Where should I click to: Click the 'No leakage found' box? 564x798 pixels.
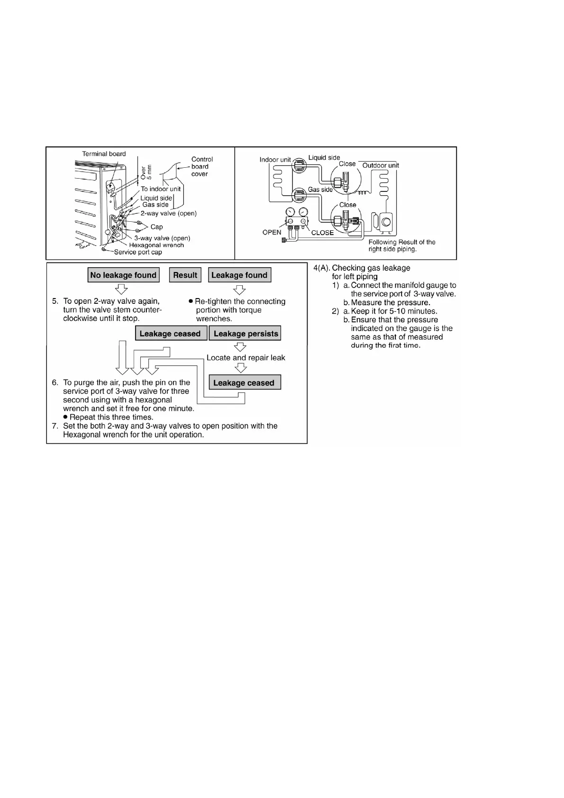123,275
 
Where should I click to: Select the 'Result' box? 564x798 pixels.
185,275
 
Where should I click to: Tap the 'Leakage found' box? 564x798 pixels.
239,275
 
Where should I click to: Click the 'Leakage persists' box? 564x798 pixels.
246,334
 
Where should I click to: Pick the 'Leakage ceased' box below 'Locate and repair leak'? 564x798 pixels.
244,383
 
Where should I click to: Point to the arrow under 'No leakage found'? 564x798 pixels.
122,289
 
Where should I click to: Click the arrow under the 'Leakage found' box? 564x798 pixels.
240,289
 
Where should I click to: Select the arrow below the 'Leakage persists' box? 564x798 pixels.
241,347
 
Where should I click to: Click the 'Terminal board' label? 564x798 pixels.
104,154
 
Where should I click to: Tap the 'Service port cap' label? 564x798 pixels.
138,253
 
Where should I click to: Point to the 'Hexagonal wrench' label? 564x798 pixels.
156,245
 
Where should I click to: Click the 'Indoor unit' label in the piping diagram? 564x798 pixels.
275,160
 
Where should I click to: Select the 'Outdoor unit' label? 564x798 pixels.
381,165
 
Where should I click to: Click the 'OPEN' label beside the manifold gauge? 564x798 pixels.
272,232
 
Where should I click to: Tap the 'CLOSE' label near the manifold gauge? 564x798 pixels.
322,233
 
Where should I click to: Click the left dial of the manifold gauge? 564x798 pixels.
291,212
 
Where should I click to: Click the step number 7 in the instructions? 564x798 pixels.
55,426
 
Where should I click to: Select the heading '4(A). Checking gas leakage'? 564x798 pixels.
362,268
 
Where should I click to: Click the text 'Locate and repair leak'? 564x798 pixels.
246,358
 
